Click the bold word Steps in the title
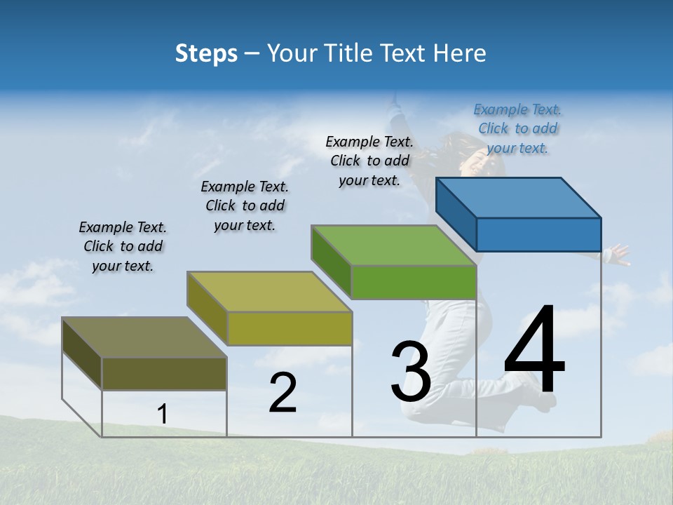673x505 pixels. [205, 53]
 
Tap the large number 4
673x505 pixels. [534, 351]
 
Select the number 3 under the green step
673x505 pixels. [410, 372]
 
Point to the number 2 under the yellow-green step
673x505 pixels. [283, 393]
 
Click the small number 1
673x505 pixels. [162, 415]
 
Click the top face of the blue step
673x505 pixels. [518, 197]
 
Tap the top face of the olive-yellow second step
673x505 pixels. [269, 292]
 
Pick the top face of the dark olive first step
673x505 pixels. [144, 337]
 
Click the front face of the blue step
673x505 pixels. [538, 234]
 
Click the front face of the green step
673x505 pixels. [414, 283]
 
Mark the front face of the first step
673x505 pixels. [164, 374]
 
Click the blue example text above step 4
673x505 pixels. [517, 128]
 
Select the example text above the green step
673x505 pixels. [369, 161]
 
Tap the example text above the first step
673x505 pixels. [123, 246]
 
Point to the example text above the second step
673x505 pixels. [245, 206]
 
